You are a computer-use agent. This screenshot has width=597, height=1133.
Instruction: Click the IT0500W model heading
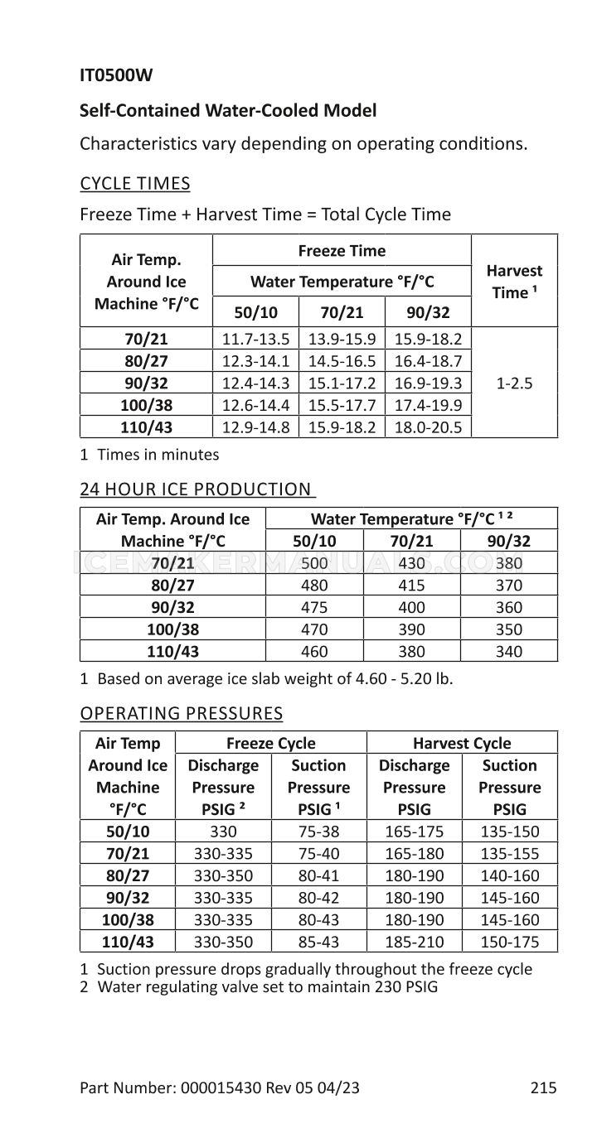[x=116, y=76]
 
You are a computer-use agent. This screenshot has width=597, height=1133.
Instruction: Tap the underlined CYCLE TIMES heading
[x=134, y=184]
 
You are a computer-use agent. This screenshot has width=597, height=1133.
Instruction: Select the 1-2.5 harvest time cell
[x=514, y=384]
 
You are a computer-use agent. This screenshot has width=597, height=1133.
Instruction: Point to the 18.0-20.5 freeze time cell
[x=428, y=428]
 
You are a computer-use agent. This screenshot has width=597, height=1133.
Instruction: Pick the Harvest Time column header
[x=514, y=282]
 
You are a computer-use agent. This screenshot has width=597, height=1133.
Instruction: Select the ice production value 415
[x=411, y=586]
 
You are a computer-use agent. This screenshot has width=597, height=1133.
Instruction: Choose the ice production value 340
[x=508, y=652]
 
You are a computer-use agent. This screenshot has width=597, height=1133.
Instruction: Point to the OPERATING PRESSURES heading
[x=181, y=714]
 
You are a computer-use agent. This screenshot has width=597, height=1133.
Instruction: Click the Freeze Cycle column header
[x=271, y=744]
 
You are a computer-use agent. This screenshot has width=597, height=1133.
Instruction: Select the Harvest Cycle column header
[x=462, y=744]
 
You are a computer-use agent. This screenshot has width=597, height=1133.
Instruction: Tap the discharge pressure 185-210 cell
[x=414, y=943]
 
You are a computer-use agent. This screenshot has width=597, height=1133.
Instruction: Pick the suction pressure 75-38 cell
[x=318, y=832]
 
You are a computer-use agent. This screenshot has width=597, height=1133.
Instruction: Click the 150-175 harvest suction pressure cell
[x=510, y=943]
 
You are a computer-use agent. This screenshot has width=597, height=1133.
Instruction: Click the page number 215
[x=544, y=1088]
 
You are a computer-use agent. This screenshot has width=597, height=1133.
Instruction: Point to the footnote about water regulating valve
[x=259, y=987]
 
